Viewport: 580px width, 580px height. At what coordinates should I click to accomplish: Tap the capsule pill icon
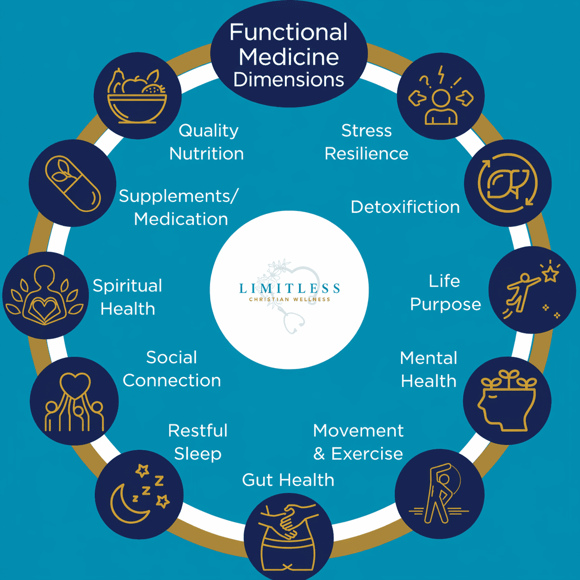pos(73,183)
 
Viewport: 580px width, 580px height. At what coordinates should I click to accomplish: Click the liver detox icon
pos(507,183)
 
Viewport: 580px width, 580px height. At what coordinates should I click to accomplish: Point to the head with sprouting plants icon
pos(507,401)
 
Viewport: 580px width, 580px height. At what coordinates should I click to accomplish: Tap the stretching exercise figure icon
pos(439,494)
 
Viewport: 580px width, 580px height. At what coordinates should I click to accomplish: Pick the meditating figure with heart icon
pos(45,295)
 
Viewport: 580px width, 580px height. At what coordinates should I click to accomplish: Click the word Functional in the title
pos(288,32)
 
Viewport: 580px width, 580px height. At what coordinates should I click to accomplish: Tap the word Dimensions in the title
pos(289,80)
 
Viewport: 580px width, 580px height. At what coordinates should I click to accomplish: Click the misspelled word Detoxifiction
pos(405,207)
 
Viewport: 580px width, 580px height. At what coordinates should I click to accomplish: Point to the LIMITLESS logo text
pos(290,289)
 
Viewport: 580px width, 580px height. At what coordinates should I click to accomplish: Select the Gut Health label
pos(288,480)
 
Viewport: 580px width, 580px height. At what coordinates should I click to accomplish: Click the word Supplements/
pos(179,196)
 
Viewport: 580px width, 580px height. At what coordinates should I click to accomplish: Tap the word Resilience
pos(366,154)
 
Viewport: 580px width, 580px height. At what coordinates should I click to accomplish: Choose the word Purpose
pos(445,304)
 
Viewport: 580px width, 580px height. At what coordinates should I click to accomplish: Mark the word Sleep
pos(197,454)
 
